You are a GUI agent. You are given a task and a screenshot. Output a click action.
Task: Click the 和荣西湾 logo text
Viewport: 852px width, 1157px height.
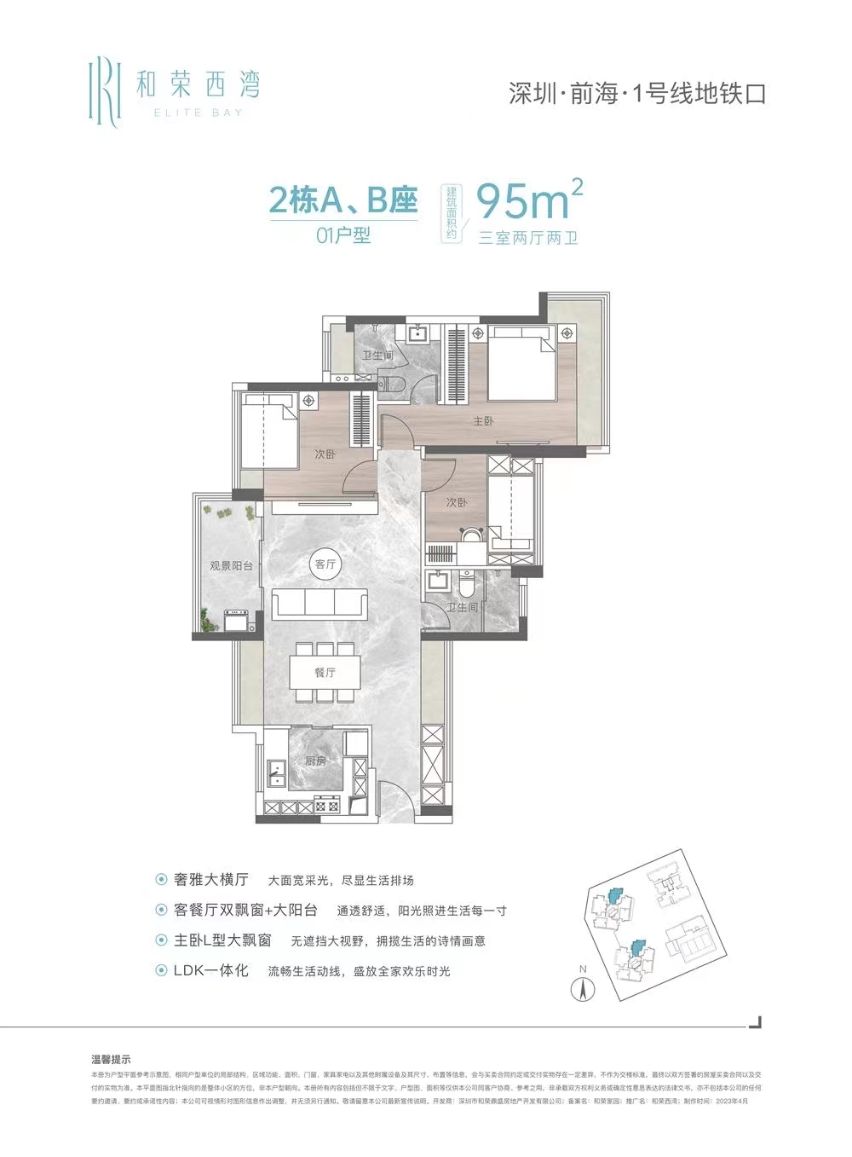[198, 84]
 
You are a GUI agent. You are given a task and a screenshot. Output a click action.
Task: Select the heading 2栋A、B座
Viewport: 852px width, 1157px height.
[343, 201]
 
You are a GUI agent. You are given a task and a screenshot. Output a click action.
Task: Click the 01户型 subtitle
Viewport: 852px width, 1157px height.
[343, 235]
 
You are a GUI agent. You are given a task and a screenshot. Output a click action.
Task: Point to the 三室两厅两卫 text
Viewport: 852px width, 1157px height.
[528, 238]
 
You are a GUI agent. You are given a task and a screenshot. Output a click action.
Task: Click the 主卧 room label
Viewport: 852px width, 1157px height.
[483, 420]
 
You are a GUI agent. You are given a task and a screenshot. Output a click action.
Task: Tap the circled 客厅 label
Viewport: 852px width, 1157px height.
[325, 564]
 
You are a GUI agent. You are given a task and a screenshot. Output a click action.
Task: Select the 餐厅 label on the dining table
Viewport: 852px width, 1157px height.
[325, 672]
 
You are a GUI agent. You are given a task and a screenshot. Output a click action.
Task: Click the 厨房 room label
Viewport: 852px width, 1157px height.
[315, 761]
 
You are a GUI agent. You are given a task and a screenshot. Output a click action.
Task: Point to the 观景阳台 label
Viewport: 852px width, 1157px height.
[230, 564]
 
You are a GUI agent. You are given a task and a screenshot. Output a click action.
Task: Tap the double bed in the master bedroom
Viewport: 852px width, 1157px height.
[521, 367]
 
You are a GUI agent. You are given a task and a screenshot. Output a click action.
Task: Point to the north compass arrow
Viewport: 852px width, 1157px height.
[583, 990]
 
